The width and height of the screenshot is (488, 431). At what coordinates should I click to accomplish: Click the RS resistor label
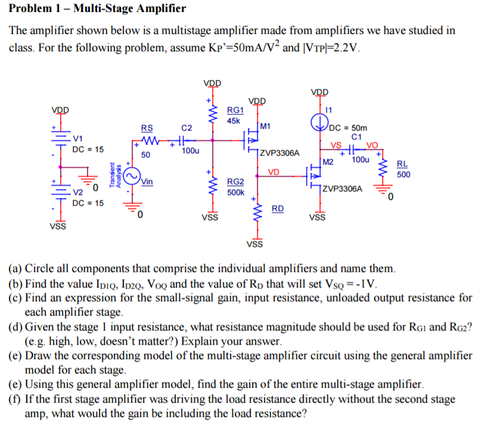click(x=147, y=127)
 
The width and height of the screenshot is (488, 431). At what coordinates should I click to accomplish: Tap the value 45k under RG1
click(x=234, y=120)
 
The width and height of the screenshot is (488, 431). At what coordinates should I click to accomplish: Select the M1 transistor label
click(x=265, y=126)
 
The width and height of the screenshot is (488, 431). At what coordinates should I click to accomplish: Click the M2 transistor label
click(x=327, y=162)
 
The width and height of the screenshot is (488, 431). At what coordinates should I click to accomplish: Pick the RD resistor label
click(x=278, y=208)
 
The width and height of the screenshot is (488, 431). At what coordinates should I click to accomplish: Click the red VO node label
click(x=372, y=145)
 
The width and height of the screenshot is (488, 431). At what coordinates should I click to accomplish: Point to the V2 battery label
click(x=78, y=193)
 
